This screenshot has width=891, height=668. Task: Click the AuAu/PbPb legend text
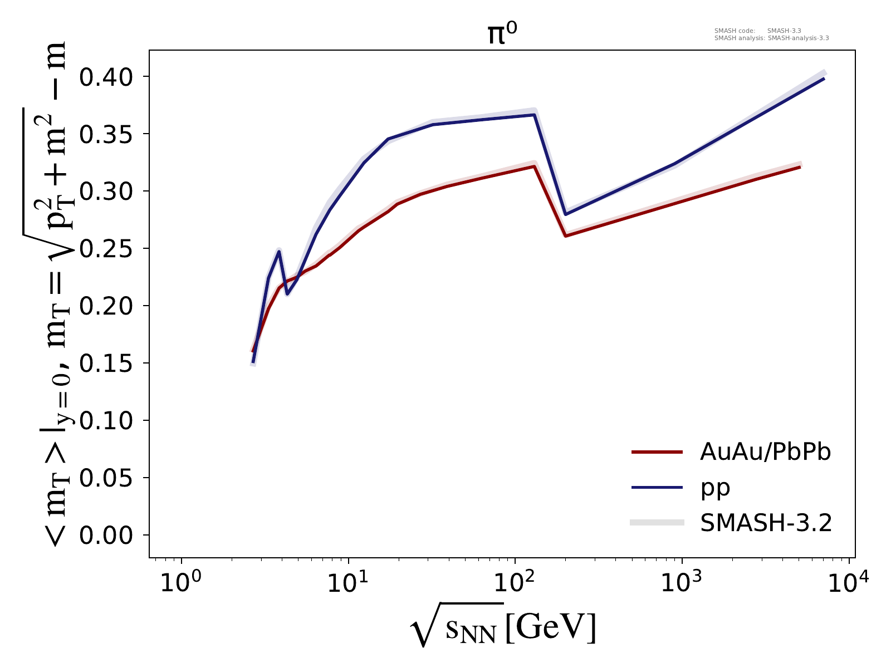(765, 453)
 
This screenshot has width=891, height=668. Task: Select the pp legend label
(715, 488)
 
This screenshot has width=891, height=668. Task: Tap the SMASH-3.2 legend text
(766, 523)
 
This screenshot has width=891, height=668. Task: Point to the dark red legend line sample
(657, 453)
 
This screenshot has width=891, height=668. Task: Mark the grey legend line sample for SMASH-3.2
(657, 522)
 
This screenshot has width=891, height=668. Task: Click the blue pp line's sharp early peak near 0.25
(279, 252)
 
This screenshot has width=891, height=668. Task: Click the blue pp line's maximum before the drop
(534, 115)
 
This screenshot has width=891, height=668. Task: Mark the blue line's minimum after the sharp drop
(566, 214)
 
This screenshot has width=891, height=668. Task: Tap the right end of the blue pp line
(824, 78)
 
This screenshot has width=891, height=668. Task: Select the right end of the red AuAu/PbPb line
(800, 166)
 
